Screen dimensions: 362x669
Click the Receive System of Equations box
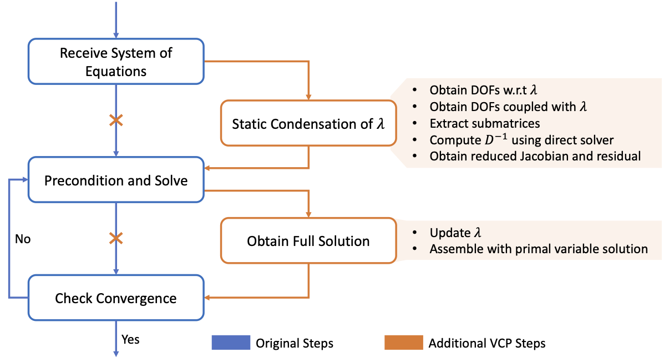pos(116,62)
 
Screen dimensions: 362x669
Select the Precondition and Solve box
pos(116,180)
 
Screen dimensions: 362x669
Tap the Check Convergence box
pos(116,299)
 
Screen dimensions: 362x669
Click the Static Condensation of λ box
pos(308,123)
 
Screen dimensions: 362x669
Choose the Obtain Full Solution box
pos(308,241)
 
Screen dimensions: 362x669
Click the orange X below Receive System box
pos(116,120)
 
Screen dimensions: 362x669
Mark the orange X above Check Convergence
pos(116,239)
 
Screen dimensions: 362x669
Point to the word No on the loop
pos(23,239)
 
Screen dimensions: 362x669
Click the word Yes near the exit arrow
pos(130,339)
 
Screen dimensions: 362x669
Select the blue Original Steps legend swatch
pos(230,343)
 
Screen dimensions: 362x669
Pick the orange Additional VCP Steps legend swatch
pos(403,343)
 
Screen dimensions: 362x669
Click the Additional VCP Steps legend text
pos(486,343)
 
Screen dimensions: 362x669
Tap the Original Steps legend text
pos(294,343)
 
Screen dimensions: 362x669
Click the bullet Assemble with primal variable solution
pos(538,249)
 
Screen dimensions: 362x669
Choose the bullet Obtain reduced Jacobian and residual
pos(535,156)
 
